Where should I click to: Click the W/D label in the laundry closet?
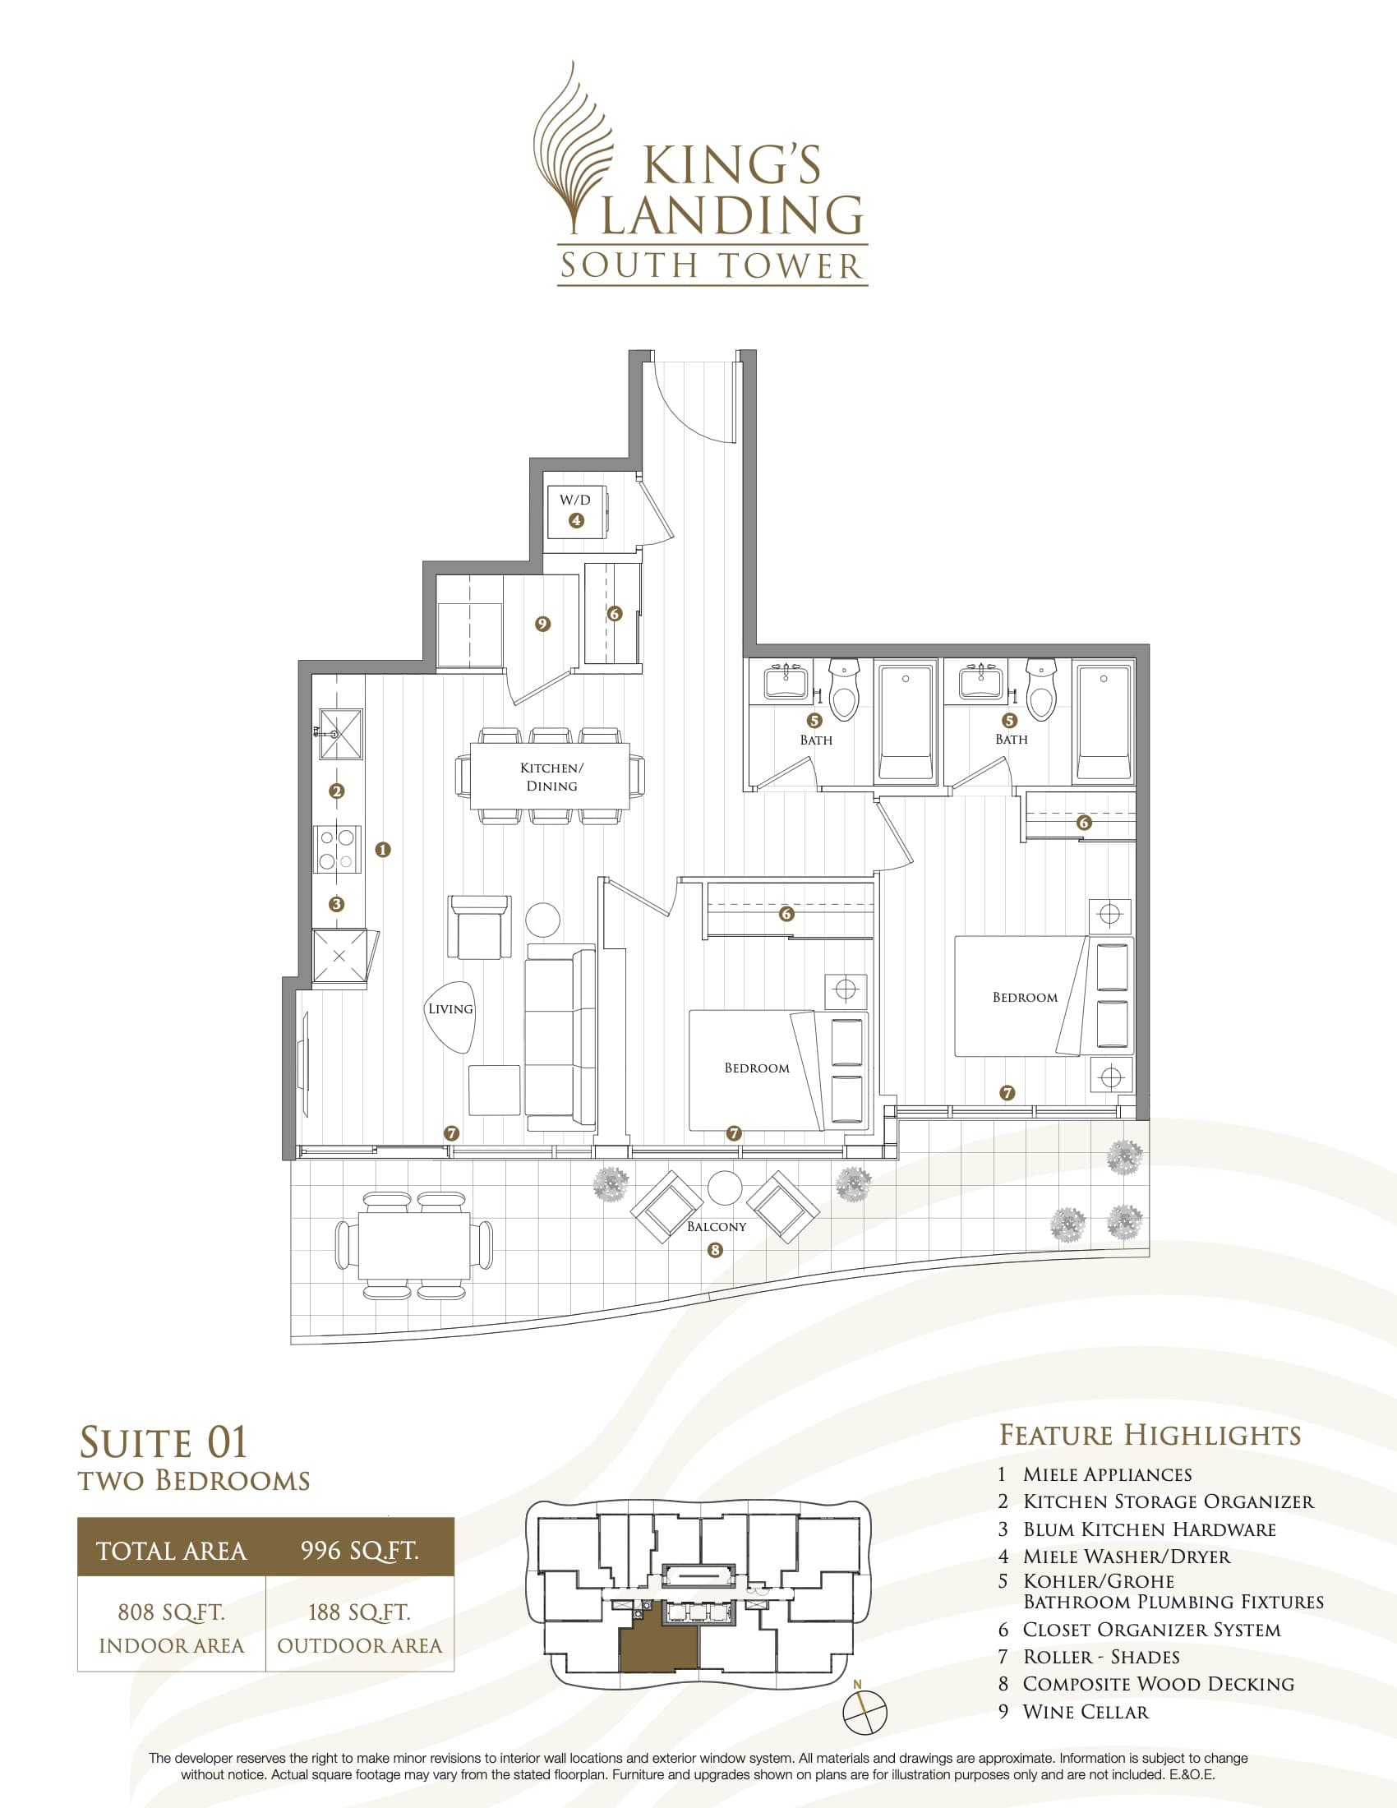[x=575, y=500]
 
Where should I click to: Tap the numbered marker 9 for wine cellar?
[x=543, y=625]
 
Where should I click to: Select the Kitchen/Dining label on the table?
[x=551, y=777]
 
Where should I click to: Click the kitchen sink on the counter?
[x=341, y=733]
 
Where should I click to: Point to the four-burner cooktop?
[x=337, y=850]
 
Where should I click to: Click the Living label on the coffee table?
[x=450, y=1008]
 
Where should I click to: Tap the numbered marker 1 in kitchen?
[x=382, y=850]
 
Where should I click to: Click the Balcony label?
[x=717, y=1226]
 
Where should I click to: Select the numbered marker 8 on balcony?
[x=715, y=1250]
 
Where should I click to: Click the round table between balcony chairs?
[x=725, y=1189]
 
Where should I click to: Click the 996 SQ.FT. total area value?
[x=359, y=1551]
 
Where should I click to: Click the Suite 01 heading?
[x=164, y=1442]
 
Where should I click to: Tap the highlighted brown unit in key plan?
[x=658, y=1651]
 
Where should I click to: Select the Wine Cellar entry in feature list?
[x=1085, y=1712]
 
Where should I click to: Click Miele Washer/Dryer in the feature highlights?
[x=1126, y=1557]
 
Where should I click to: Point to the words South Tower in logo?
[x=712, y=265]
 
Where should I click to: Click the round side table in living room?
[x=543, y=919]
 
